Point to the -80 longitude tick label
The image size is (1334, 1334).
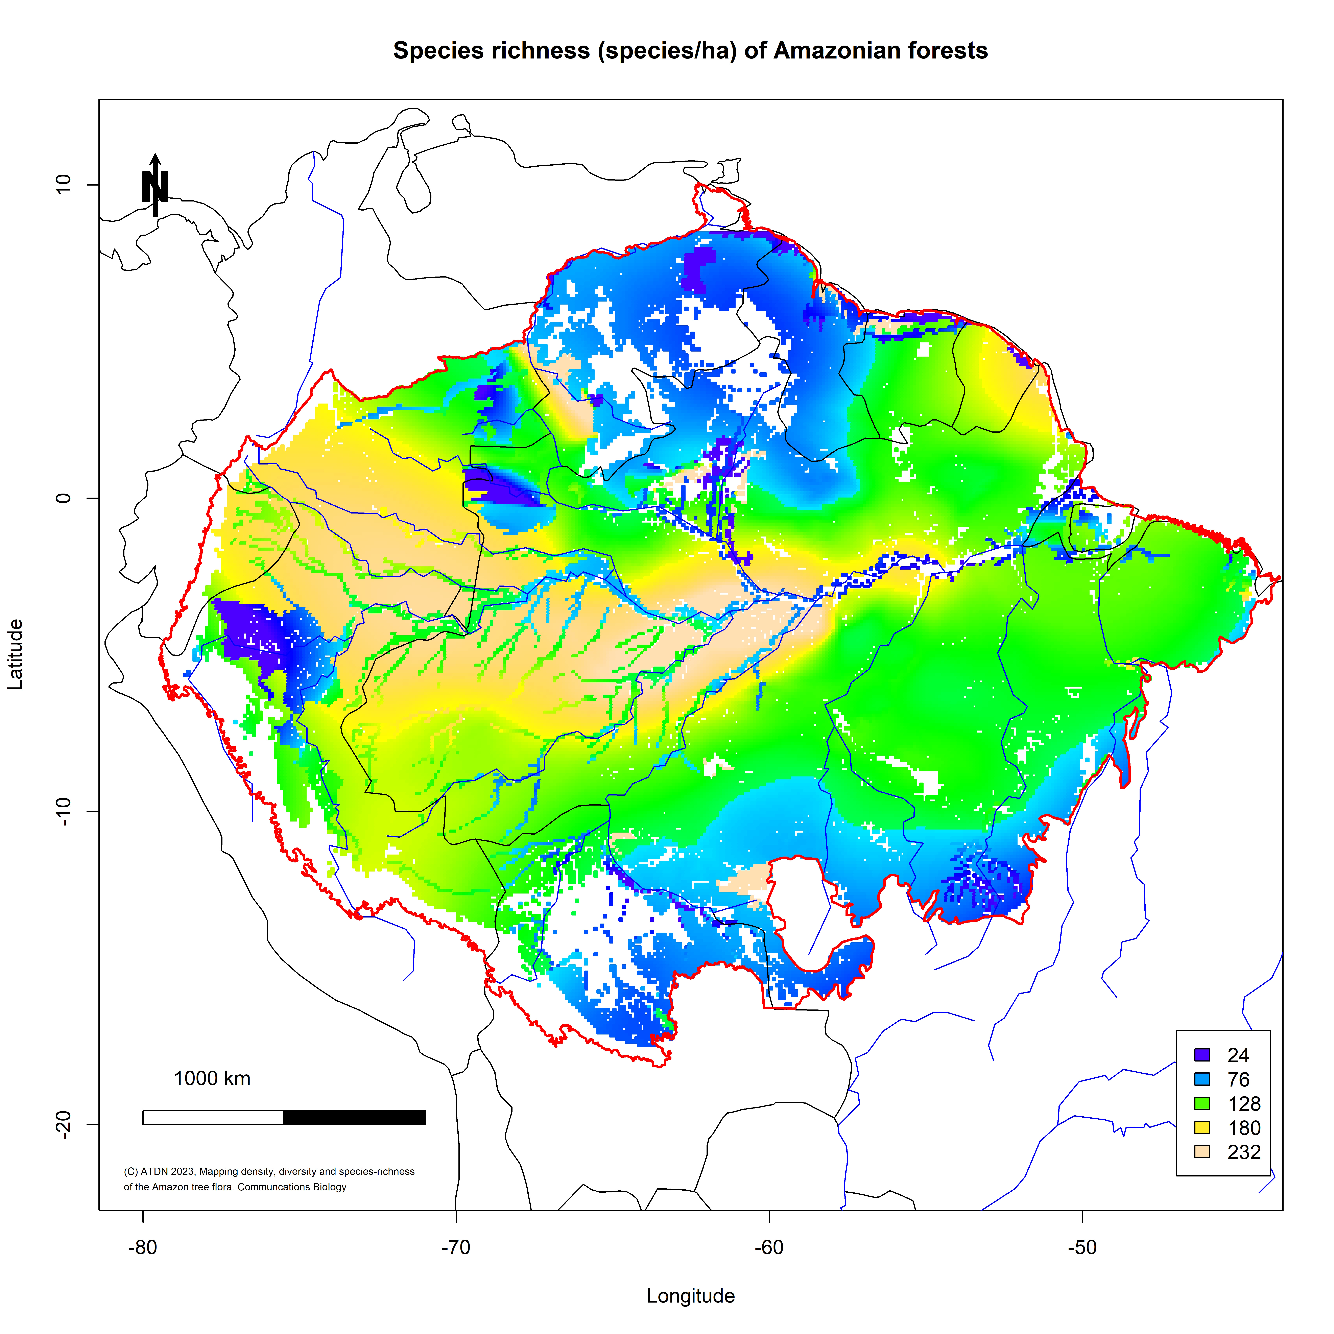(x=143, y=1248)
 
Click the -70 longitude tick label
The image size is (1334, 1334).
(x=456, y=1248)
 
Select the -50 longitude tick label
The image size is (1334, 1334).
(x=1082, y=1248)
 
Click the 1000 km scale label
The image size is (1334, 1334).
(x=212, y=1078)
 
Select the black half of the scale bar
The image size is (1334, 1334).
(x=354, y=1117)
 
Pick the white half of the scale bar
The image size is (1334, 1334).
(x=213, y=1117)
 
